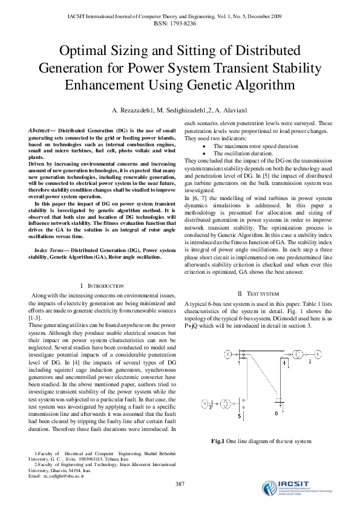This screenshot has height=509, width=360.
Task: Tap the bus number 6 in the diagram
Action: click(276, 413)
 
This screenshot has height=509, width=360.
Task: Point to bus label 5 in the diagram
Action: click(239, 417)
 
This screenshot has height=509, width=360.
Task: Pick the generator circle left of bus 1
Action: click(227, 354)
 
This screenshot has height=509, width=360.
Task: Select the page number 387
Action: click(180, 484)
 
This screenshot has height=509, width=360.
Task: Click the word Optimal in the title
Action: click(86, 50)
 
